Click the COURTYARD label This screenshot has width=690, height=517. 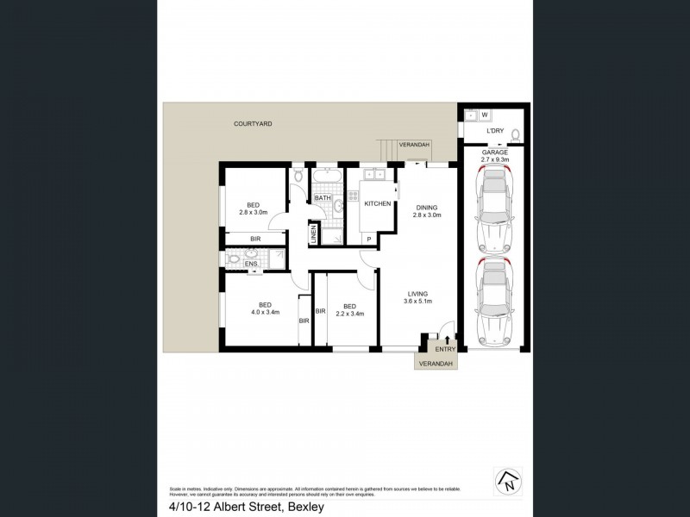point(253,124)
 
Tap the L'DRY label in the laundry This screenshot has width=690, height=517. point(495,131)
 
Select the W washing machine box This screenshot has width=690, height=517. point(485,115)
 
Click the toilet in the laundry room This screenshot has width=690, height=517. point(515,134)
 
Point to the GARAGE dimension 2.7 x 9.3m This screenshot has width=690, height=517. point(495,159)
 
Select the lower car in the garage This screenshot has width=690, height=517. point(494,301)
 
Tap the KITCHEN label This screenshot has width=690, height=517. point(378,203)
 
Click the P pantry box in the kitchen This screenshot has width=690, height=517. point(369,239)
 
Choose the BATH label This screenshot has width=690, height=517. point(323,198)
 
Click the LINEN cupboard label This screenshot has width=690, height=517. point(313,234)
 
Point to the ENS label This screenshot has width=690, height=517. point(250,265)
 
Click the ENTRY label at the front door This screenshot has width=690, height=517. point(445,349)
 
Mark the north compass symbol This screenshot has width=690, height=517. point(507,482)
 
